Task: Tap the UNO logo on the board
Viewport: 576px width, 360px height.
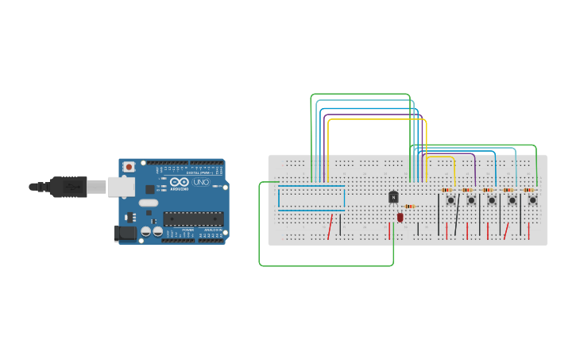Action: [x=199, y=183]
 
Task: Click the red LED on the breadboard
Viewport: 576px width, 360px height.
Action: [x=400, y=217]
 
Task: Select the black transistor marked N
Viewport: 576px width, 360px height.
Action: [x=393, y=197]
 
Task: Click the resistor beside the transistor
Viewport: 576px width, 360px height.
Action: [x=409, y=207]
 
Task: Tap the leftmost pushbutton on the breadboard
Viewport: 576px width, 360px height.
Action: [x=450, y=200]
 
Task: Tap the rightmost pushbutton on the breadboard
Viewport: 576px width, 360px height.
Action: [x=532, y=200]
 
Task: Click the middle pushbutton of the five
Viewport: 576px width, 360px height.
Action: [x=491, y=200]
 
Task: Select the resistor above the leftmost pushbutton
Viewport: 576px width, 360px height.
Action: [x=446, y=190]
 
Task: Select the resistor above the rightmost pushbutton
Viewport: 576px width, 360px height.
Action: [x=528, y=190]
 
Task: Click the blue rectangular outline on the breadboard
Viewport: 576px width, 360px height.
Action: [x=311, y=197]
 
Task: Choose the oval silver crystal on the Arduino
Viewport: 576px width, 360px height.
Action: [x=149, y=203]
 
